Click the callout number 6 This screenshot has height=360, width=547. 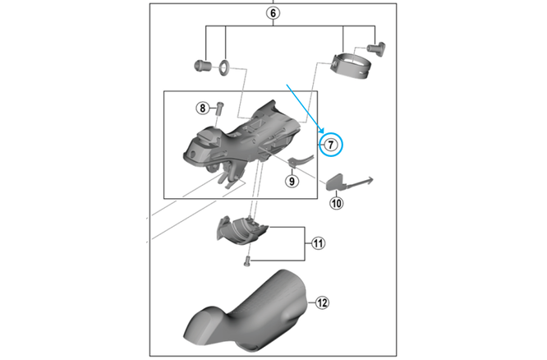pos(273,13)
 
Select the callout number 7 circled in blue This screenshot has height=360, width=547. pos(331,144)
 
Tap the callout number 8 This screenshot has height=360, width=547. pos(202,108)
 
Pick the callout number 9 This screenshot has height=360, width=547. pos(292,181)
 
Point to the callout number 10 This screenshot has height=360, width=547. pos(336,203)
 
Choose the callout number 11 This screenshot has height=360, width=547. pos(318,243)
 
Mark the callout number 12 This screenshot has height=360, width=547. pos(322,302)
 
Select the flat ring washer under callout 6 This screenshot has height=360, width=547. pos(225,67)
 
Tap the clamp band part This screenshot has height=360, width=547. pos(350,67)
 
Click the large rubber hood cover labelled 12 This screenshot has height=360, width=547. pos(246,311)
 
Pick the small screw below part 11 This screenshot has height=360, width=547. pos(247,261)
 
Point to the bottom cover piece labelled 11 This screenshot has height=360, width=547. pos(241,230)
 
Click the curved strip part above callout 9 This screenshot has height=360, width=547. pos(301,160)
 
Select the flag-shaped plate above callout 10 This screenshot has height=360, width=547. pos(336,182)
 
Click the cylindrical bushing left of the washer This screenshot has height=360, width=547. pos(202,66)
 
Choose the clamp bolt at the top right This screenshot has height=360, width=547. pos(376,48)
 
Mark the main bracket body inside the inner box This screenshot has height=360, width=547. pos(241,142)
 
